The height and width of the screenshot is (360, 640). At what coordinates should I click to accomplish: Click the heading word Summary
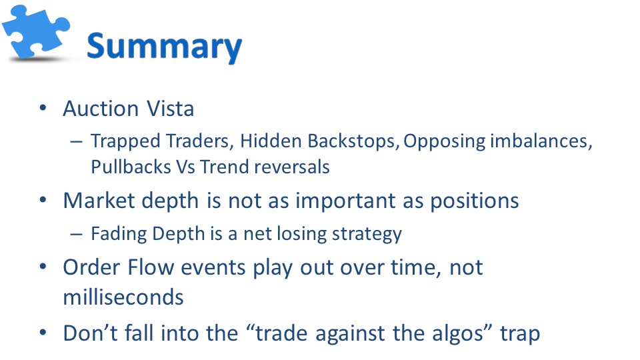(x=165, y=47)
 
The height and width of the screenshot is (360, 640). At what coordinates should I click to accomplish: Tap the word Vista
(x=170, y=109)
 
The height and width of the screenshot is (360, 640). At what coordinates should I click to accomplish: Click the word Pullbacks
(x=131, y=167)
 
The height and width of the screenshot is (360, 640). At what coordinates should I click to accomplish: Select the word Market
(x=99, y=201)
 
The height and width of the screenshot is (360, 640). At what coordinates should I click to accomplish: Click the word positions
(x=475, y=201)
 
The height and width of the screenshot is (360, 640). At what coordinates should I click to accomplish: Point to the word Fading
(x=119, y=234)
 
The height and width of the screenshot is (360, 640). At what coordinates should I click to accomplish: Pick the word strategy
(x=367, y=235)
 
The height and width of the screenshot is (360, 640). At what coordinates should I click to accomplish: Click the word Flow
(x=151, y=268)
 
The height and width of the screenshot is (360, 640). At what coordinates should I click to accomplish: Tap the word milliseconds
(x=123, y=297)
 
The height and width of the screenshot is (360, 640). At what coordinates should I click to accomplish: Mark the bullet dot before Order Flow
(x=43, y=267)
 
